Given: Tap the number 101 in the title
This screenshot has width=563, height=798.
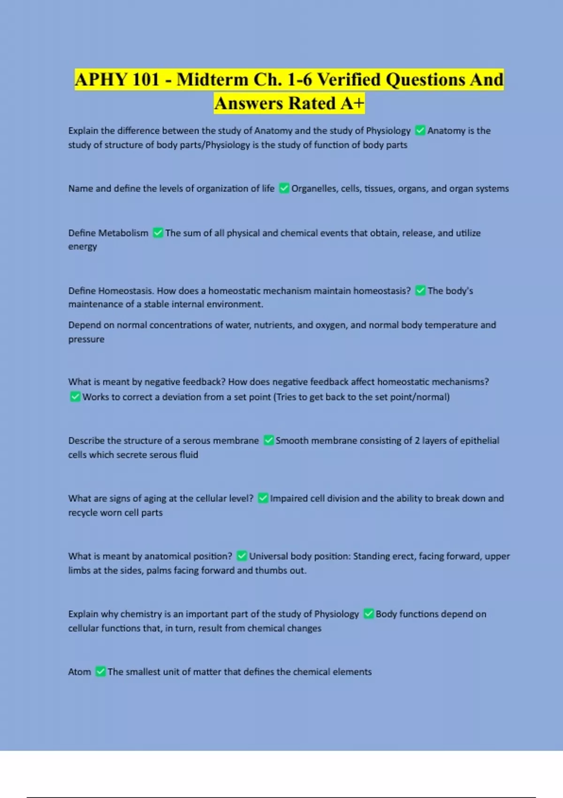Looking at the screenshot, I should tap(146, 79).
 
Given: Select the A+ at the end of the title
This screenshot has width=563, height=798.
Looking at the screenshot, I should tap(352, 103).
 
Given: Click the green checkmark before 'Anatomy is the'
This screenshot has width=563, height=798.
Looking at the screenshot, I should tap(420, 130).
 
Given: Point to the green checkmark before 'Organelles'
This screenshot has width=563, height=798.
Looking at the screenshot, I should tap(284, 189).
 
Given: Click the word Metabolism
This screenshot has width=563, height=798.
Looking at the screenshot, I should tap(123, 233).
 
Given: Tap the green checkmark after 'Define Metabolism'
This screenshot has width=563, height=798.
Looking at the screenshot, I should tap(158, 233).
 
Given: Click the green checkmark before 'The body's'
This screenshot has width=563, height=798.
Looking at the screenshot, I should tap(420, 291).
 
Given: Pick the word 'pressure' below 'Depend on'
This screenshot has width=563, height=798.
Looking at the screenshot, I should tap(86, 339).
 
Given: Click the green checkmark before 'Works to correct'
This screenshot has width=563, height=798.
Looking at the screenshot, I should tap(75, 397).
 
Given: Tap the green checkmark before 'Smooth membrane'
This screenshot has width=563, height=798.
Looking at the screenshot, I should tap(269, 440).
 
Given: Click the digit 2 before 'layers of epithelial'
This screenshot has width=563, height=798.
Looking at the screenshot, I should tap(417, 440).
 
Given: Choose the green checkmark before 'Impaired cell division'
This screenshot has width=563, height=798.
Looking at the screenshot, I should tap(263, 498).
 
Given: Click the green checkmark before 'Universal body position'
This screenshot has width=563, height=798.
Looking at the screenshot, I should tap(242, 556).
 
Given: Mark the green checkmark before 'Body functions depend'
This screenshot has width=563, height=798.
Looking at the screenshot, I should tap(369, 614).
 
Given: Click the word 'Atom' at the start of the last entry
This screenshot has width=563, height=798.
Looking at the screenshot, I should tap(80, 672).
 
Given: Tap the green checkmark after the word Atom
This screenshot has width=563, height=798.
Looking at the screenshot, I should tap(100, 672).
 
